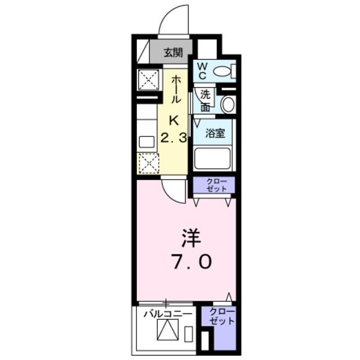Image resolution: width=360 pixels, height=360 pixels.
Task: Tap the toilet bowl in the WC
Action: pyautogui.click(x=222, y=71)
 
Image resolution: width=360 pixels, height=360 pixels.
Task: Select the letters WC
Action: pyautogui.click(x=202, y=70)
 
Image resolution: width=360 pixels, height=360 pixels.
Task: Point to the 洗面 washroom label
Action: pyautogui.click(x=205, y=100)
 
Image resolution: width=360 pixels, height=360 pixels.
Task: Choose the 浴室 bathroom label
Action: pyautogui.click(x=215, y=133)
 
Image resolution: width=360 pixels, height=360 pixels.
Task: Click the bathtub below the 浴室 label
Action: pyautogui.click(x=214, y=159)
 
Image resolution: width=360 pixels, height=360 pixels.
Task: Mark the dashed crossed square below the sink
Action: pyautogui.click(x=148, y=163)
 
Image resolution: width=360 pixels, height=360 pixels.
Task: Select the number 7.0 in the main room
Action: pyautogui.click(x=188, y=262)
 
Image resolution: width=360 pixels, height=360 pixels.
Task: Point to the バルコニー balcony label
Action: pyautogui.click(x=167, y=313)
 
